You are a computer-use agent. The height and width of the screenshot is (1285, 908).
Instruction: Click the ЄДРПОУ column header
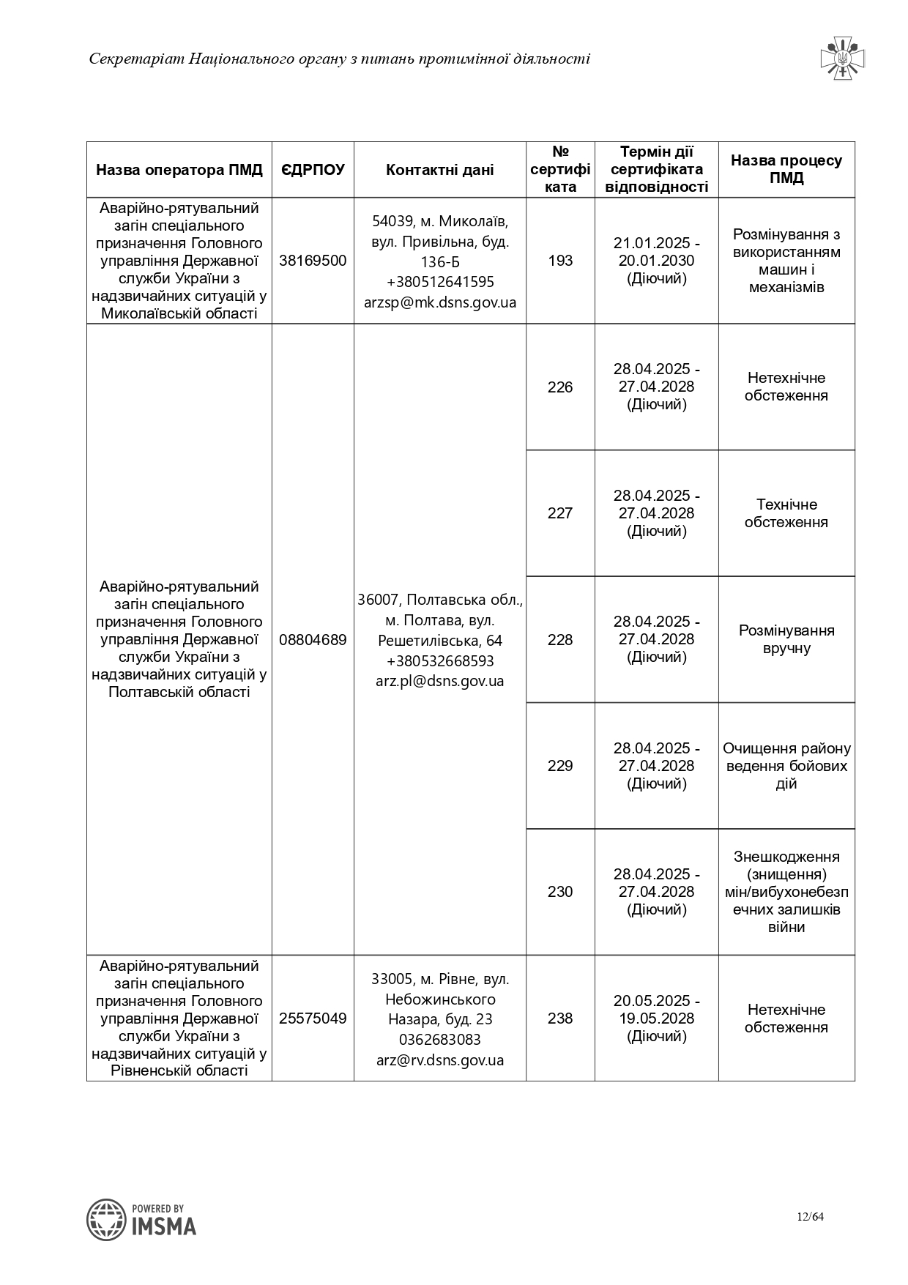coord(313,170)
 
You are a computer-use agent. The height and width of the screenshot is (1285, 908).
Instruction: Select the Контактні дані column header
coord(439,170)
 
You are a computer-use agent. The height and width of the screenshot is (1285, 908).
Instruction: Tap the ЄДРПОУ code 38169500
coord(313,261)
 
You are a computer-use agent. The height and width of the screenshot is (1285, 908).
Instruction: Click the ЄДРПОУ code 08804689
coord(313,639)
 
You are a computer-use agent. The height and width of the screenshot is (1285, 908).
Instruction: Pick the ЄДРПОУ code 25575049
coord(313,1018)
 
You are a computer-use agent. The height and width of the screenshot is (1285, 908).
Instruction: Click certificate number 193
coord(560,261)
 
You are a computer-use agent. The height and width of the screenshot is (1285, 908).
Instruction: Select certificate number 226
coord(560,387)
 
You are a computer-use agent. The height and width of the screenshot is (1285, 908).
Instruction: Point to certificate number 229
coord(560,765)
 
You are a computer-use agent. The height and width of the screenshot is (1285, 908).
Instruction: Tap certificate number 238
coord(560,1018)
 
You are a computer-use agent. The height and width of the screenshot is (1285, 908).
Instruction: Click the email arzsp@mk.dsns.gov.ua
coord(439,302)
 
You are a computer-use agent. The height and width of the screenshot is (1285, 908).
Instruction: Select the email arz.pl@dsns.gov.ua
coord(439,680)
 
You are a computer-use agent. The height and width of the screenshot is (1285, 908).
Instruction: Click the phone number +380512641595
coord(439,282)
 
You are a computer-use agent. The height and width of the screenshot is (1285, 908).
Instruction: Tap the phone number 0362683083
coord(439,1039)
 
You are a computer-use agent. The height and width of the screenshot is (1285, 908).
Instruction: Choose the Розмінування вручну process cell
coord(786,639)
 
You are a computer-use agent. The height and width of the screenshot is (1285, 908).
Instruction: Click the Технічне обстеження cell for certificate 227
coord(786,513)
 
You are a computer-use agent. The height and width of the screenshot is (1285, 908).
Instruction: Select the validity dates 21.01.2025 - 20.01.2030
coord(656,252)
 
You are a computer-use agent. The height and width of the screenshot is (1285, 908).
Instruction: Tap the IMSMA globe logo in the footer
coord(107,1220)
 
